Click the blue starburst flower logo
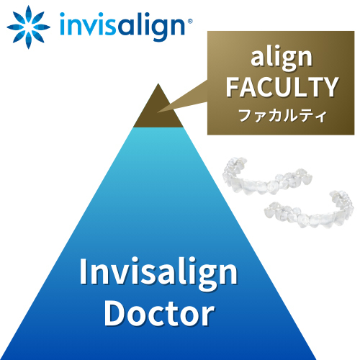click(28, 27)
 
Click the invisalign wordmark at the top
click(122, 26)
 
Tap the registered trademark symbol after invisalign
click(189, 21)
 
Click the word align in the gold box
click(282, 58)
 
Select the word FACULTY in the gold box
click(282, 87)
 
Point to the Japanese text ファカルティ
click(282, 116)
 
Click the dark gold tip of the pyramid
click(158, 106)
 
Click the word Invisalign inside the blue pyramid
click(158, 272)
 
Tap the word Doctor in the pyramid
click(159, 314)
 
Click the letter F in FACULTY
click(233, 87)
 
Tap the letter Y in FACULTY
click(330, 87)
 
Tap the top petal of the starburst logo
click(29, 14)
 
